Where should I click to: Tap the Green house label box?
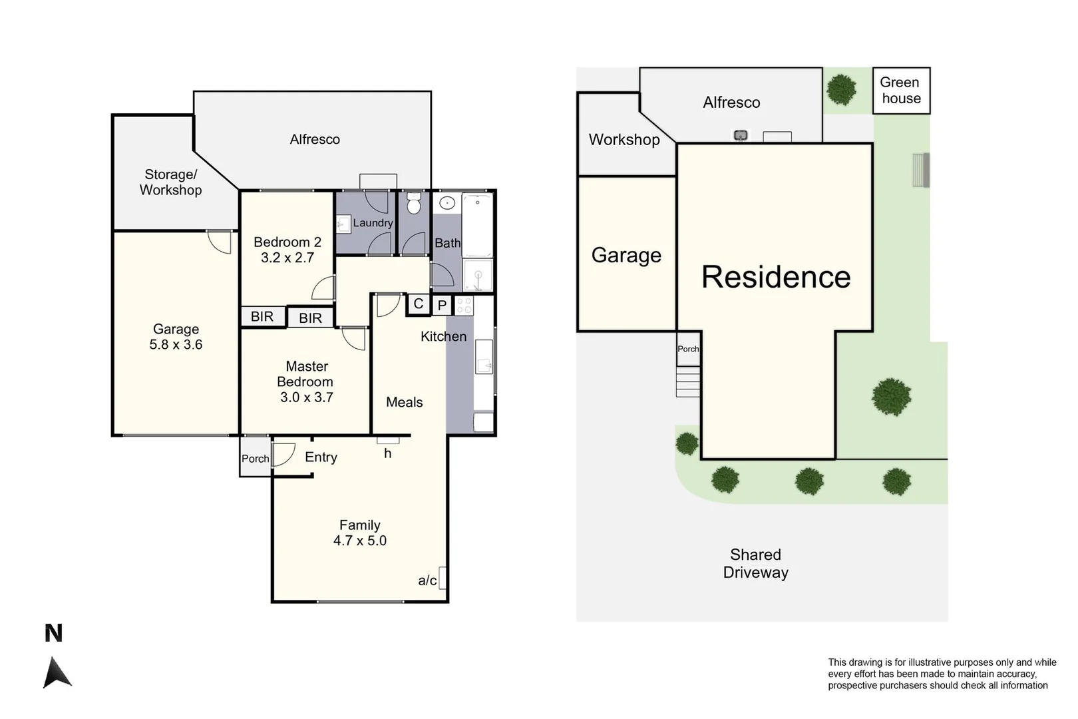point(901,91)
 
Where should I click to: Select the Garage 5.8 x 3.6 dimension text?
point(176,345)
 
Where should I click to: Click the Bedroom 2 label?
point(287,242)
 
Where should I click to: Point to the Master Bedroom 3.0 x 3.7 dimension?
point(306,397)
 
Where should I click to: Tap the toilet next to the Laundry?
point(414,203)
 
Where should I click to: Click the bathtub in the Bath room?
point(477,224)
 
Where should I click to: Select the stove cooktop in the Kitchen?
point(464,306)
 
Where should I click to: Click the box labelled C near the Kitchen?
point(418,304)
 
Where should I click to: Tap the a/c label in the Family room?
point(427,581)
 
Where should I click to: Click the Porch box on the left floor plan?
point(255,458)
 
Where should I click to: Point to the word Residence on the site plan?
point(776,277)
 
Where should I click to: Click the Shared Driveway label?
point(755,563)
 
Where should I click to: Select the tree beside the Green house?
point(841,89)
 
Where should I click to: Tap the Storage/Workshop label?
point(171,182)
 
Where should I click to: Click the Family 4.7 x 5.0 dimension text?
point(360,541)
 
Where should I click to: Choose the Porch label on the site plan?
point(688,349)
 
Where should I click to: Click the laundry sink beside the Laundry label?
point(343,224)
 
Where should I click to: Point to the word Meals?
point(405,402)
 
